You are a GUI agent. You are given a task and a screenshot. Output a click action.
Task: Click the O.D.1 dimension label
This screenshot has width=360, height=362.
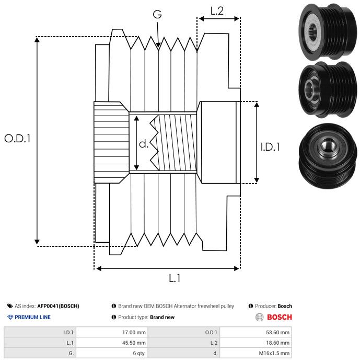pyautogui.click(x=18, y=139)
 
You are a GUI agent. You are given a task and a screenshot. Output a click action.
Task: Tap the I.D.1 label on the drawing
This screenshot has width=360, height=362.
pyautogui.click(x=270, y=148)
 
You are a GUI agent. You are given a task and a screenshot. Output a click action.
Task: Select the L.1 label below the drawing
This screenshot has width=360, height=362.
pyautogui.click(x=174, y=279)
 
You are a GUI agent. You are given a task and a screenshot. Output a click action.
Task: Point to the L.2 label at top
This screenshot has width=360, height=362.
pyautogui.click(x=217, y=10)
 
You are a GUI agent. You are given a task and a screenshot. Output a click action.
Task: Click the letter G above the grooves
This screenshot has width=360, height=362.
pyautogui.click(x=157, y=15)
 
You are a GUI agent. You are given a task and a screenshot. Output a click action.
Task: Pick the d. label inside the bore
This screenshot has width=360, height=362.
pyautogui.click(x=143, y=144)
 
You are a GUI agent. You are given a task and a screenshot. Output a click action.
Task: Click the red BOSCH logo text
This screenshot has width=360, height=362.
pyautogui.click(x=279, y=317)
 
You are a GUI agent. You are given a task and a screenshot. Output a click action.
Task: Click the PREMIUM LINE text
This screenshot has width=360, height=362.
pyautogui.click(x=32, y=317)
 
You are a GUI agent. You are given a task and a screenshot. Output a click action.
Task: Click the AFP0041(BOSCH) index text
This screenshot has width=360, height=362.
pyautogui.click(x=58, y=306)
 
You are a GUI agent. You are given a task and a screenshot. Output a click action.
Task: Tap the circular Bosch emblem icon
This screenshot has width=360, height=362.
pyautogui.click(x=259, y=317)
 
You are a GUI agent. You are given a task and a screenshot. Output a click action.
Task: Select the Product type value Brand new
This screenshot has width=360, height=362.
pyautogui.click(x=162, y=317)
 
